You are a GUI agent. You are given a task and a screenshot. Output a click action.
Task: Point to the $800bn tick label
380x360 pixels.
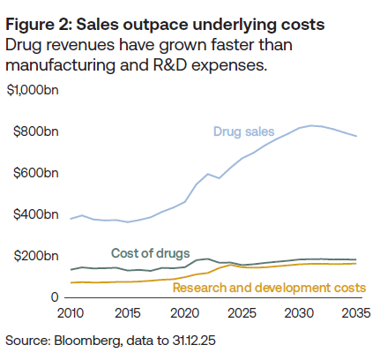[36, 131]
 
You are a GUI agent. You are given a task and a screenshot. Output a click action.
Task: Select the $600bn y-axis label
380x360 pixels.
[36, 173]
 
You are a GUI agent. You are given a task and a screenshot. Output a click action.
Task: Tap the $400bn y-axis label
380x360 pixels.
[36, 214]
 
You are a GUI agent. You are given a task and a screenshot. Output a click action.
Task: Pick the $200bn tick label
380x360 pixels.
[36, 256]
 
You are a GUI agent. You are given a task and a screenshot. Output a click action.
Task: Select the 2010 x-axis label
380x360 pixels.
[71, 313]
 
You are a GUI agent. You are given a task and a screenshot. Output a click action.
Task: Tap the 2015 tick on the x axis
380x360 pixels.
[128, 313]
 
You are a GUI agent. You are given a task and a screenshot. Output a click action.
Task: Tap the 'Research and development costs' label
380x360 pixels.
[269, 288]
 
